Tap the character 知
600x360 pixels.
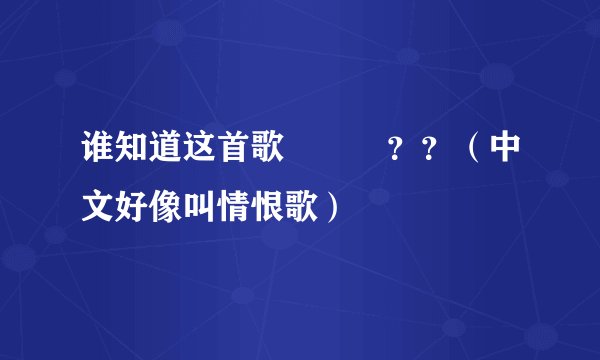[x=132, y=155]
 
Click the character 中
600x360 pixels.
[x=507, y=155]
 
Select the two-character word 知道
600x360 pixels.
[x=149, y=155]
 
